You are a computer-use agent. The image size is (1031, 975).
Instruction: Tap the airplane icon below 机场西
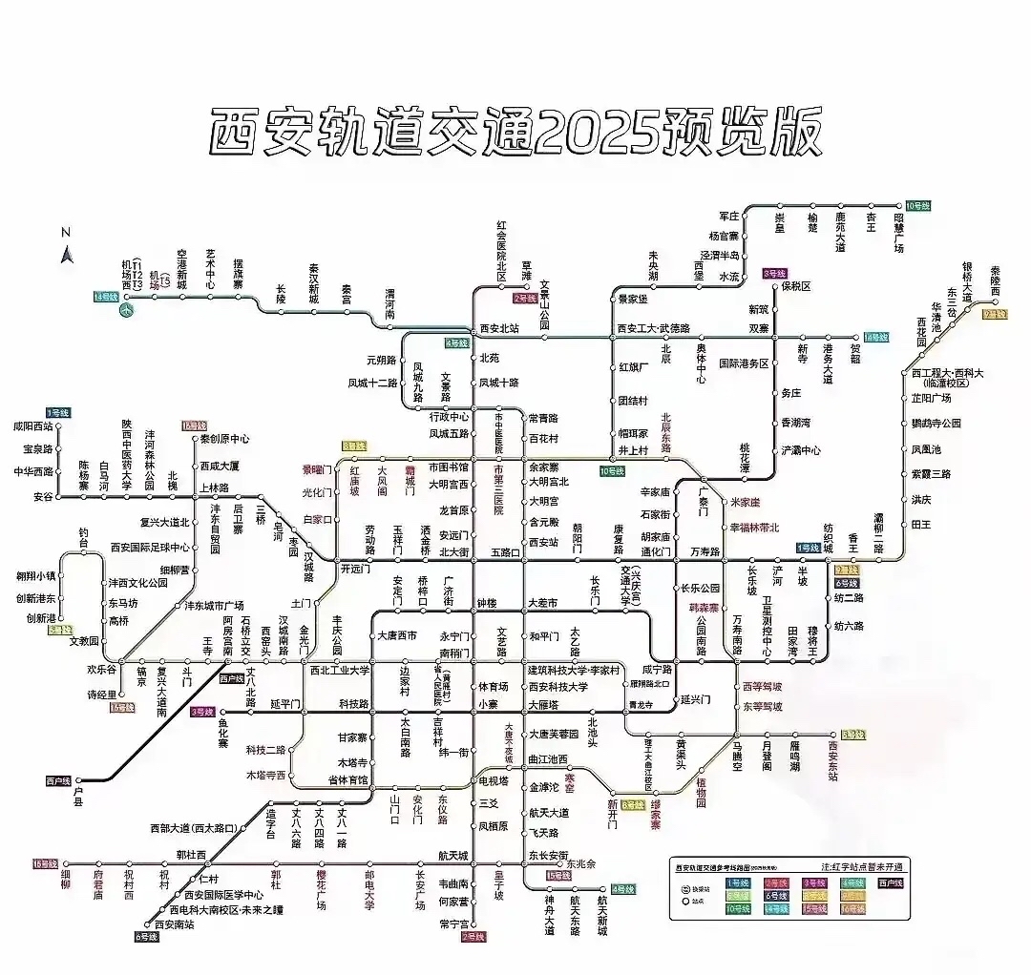(128, 309)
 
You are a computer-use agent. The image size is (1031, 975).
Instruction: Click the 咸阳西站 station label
(33, 427)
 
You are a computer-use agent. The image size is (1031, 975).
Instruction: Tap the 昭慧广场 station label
(898, 232)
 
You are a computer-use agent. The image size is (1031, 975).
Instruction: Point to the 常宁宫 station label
(453, 923)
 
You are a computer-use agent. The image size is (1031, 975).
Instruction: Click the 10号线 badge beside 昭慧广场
(917, 206)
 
